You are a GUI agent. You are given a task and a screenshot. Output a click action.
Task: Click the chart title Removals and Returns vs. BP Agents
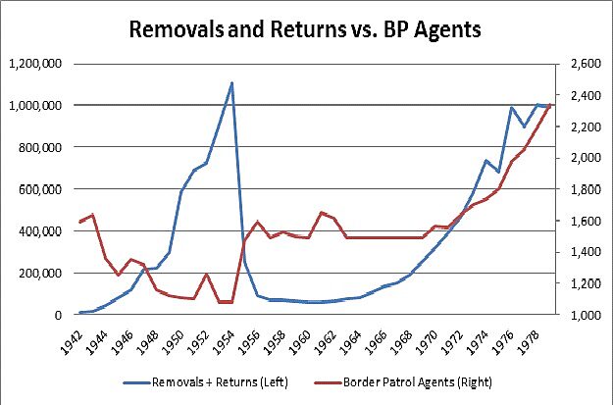pos(306,29)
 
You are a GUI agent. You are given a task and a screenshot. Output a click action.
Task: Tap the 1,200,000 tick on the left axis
pos(33,64)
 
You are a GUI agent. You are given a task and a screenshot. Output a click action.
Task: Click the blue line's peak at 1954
pos(231,82)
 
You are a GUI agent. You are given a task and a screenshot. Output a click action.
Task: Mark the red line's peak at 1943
pos(91,214)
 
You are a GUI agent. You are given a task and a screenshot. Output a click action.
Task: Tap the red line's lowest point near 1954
pos(226,302)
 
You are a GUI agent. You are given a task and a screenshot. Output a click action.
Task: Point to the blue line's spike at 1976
pos(511,108)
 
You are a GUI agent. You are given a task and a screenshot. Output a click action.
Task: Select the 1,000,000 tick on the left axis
pos(33,105)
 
